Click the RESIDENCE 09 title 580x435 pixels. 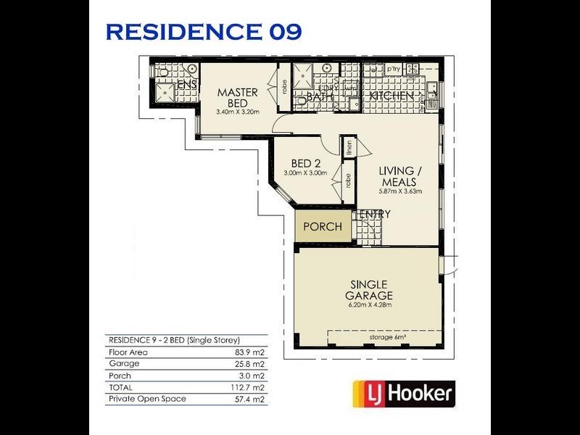[204, 32]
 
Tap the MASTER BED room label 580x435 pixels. [233, 98]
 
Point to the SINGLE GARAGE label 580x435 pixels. [369, 290]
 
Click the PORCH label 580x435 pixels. [323, 227]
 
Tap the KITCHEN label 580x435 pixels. [391, 96]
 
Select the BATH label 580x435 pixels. [320, 96]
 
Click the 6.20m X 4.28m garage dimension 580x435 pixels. [369, 305]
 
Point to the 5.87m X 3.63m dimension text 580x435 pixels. [399, 191]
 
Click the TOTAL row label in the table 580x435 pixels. [121, 387]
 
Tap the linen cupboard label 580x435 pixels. [349, 147]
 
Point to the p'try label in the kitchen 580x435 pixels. [394, 69]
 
